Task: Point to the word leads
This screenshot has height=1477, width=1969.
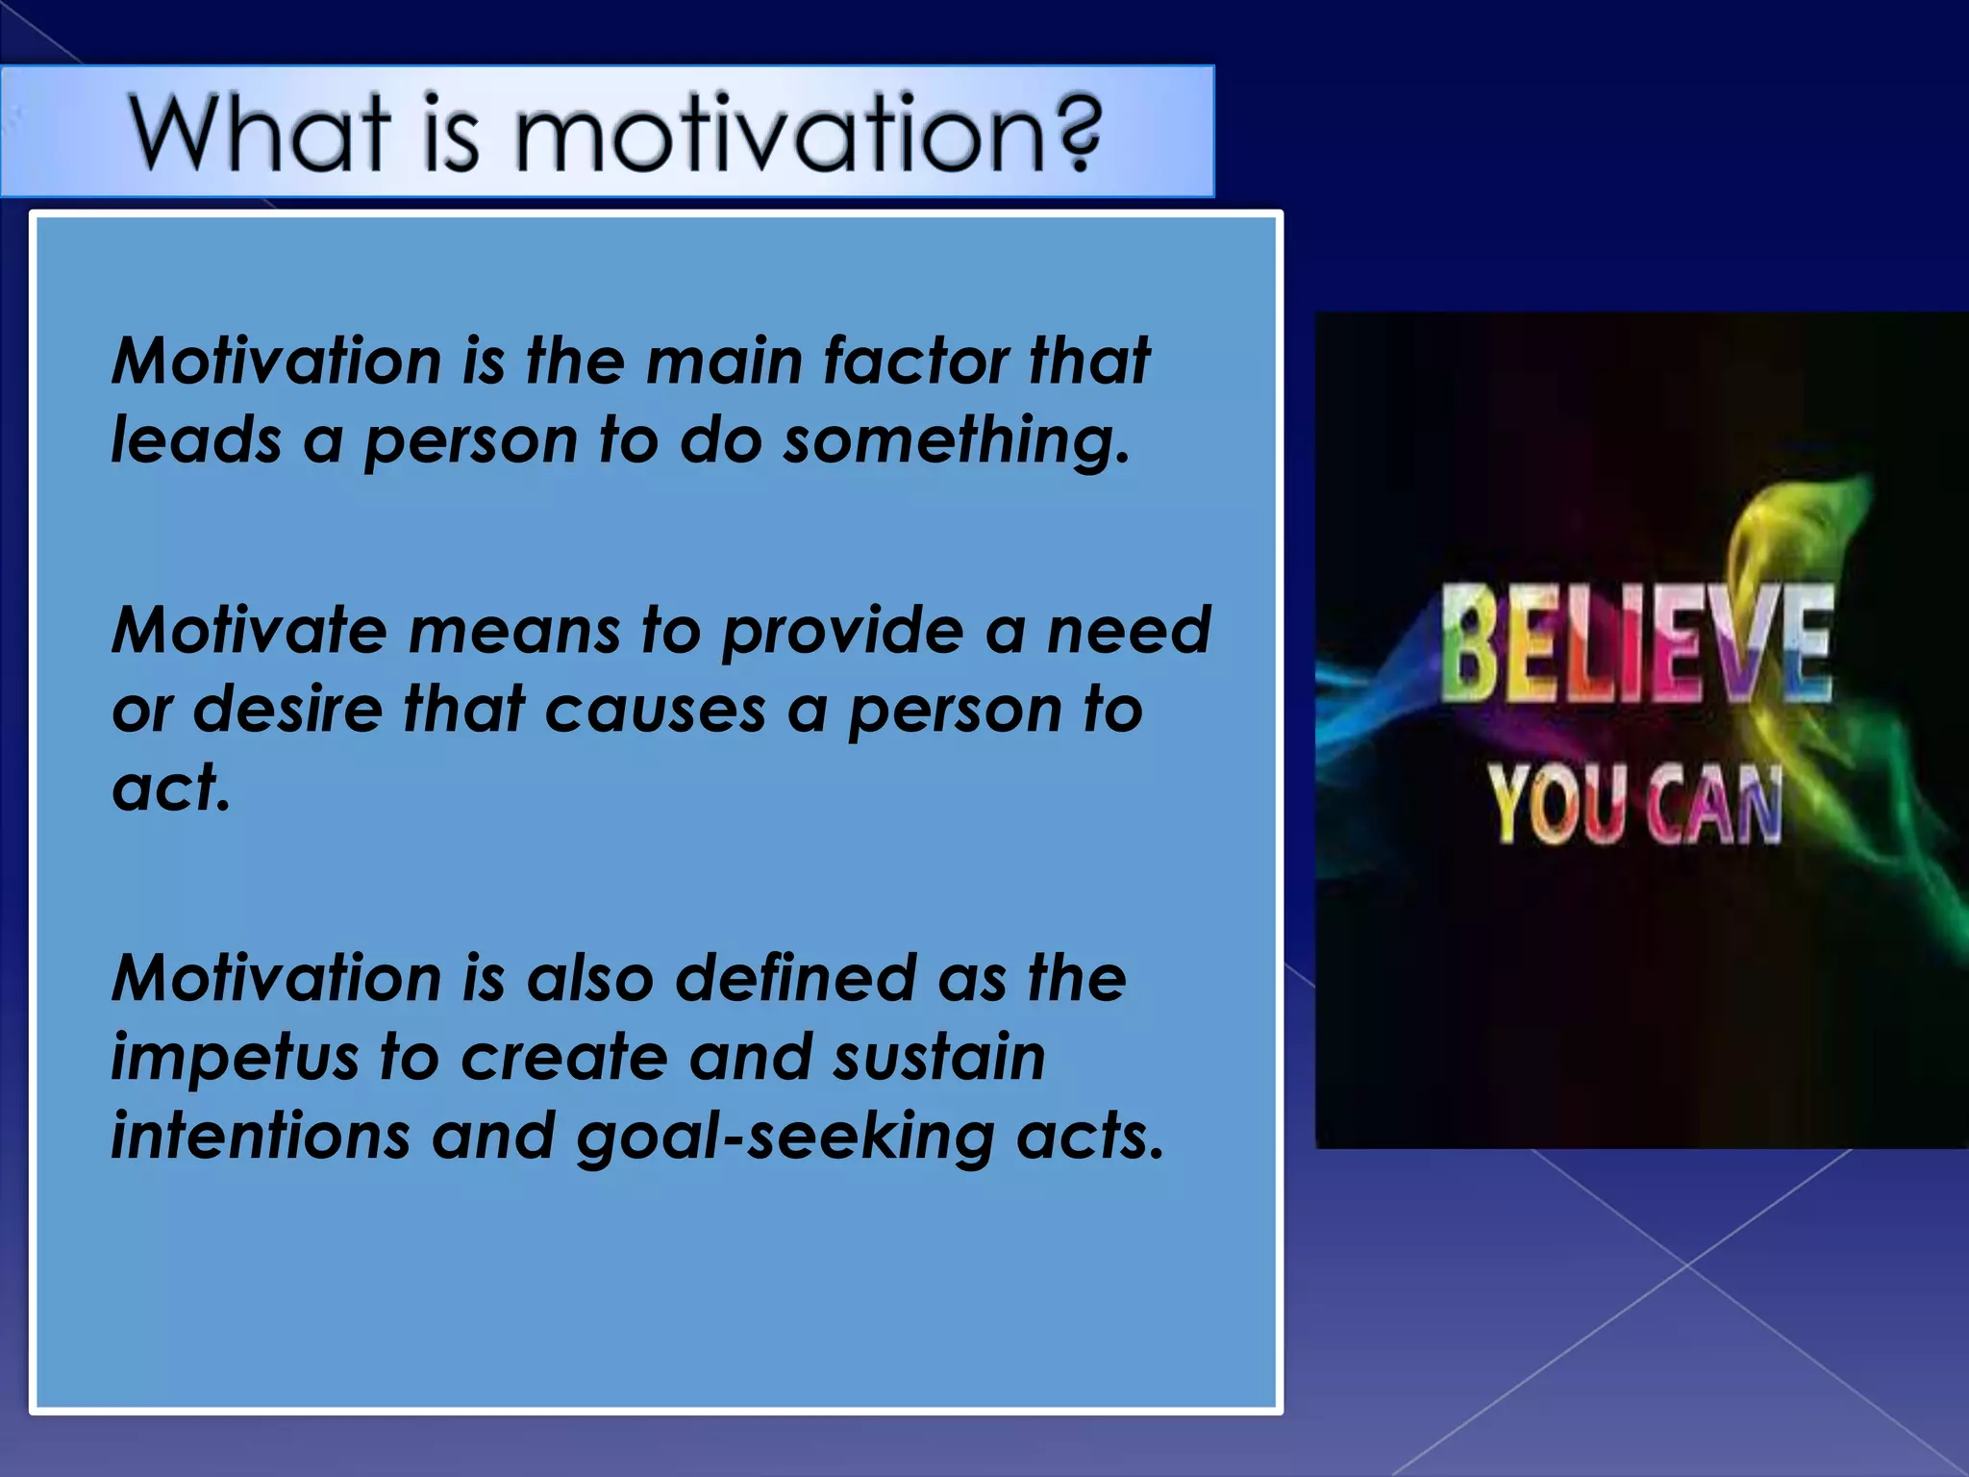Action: [x=196, y=440]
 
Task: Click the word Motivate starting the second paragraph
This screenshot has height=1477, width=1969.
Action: [x=250, y=631]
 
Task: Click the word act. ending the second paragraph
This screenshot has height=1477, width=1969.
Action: [x=171, y=789]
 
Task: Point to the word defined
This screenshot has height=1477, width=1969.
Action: [x=795, y=979]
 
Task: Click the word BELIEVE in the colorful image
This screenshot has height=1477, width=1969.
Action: [x=1634, y=642]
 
